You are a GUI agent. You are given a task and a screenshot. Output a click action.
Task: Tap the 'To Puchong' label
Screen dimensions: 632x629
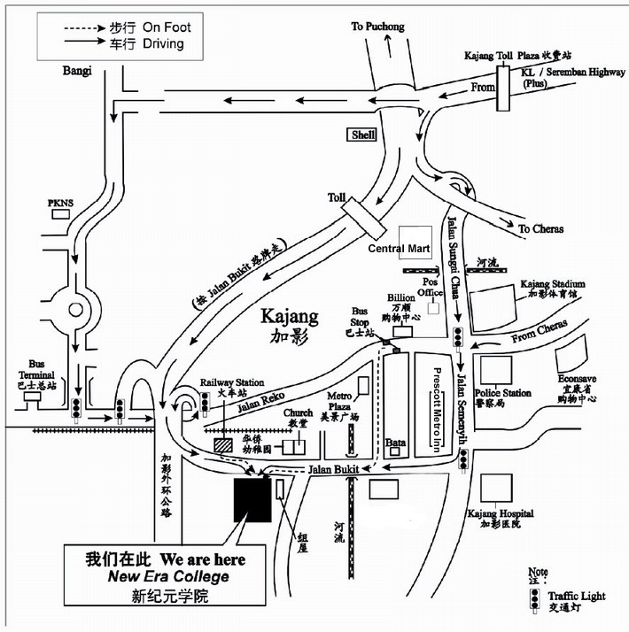pyautogui.click(x=377, y=27)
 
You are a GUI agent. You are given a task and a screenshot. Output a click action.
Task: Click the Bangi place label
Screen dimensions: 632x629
pyautogui.click(x=77, y=72)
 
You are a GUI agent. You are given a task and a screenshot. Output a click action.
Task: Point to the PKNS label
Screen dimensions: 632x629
pyautogui.click(x=60, y=204)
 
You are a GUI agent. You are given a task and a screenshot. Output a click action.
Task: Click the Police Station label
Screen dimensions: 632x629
pyautogui.click(x=503, y=393)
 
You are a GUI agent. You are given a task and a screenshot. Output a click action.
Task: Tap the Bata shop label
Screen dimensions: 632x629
pyautogui.click(x=396, y=442)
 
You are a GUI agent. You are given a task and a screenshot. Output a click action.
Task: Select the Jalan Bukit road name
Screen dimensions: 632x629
pyautogui.click(x=331, y=468)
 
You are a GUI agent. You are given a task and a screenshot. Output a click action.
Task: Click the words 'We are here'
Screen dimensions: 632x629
pyautogui.click(x=203, y=559)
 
